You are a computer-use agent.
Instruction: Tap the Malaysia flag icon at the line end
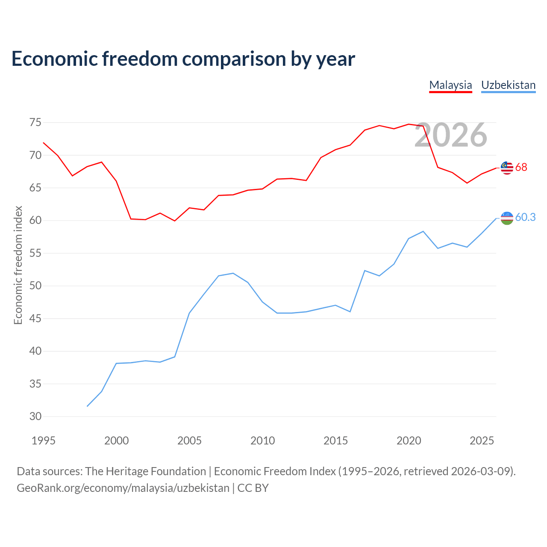click(x=507, y=168)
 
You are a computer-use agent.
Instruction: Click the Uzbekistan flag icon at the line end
click(x=507, y=218)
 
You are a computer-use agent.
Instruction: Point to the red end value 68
click(x=521, y=167)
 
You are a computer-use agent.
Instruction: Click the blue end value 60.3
click(x=526, y=217)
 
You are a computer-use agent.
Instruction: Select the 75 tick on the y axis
click(x=35, y=123)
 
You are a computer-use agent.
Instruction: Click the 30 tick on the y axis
click(x=35, y=416)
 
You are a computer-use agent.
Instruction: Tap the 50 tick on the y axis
click(x=35, y=285)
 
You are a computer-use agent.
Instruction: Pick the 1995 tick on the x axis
click(x=44, y=441)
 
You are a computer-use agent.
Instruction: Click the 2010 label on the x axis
click(x=262, y=441)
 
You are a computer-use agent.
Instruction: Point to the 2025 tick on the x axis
click(x=482, y=441)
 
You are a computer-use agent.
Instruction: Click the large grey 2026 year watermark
click(x=451, y=135)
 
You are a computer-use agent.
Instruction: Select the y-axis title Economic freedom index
click(x=18, y=265)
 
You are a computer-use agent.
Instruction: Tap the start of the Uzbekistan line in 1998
click(x=87, y=406)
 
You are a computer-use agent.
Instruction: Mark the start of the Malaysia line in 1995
click(x=43, y=143)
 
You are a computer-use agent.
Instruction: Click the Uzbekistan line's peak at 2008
click(x=233, y=273)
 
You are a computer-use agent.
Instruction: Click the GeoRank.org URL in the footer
click(x=123, y=488)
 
